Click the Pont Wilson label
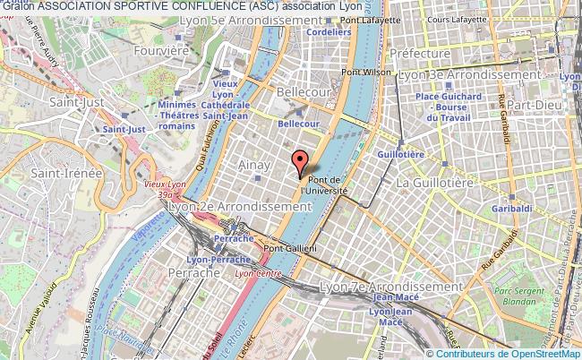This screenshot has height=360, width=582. (x=367, y=73)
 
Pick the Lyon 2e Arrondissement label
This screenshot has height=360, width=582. (x=239, y=206)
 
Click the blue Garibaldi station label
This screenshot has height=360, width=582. (x=511, y=209)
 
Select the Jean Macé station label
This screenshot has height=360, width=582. (x=395, y=298)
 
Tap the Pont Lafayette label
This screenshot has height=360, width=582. (x=370, y=19)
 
